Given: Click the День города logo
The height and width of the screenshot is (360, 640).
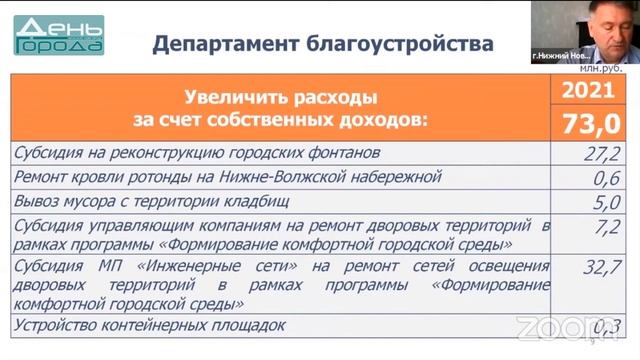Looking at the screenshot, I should click(x=59, y=34).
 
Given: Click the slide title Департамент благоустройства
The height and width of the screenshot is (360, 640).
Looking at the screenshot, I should click(x=322, y=44).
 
